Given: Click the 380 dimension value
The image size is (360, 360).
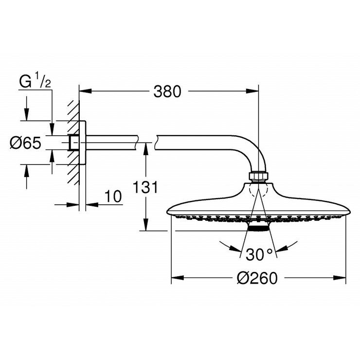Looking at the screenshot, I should pyautogui.click(x=167, y=91).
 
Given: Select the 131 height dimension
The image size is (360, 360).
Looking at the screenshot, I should pyautogui.click(x=144, y=187).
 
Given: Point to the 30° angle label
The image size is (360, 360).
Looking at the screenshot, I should pyautogui.click(x=259, y=253).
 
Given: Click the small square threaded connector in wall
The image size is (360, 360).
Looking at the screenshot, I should pyautogui.click(x=73, y=142).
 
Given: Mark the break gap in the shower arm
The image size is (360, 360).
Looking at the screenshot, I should pyautogui.click(x=150, y=142).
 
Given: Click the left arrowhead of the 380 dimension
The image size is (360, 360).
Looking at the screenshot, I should pyautogui.click(x=83, y=90).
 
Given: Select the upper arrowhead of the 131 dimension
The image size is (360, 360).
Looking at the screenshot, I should pyautogui.click(x=145, y=146).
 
